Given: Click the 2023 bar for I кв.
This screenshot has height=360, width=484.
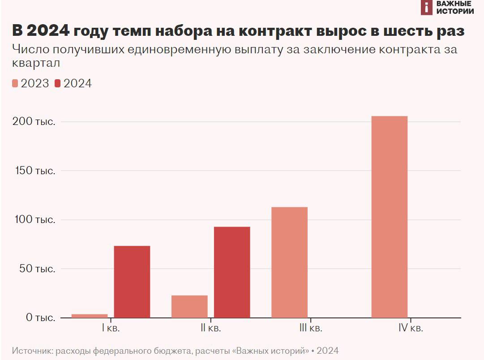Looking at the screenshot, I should [90, 316].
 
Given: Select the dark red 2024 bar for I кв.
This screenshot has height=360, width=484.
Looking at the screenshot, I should [132, 282].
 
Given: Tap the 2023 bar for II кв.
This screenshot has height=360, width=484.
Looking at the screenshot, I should [189, 307].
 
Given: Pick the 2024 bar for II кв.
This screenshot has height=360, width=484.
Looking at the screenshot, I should [232, 272].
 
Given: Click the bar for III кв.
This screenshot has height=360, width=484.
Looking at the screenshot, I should [290, 262].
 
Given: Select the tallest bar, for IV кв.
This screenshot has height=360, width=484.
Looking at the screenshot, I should [390, 217].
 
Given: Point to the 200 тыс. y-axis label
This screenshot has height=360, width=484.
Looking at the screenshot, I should [40, 122].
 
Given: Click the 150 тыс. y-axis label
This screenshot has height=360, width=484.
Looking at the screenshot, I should [40, 171].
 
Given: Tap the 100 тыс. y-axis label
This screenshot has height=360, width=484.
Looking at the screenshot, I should [40, 220].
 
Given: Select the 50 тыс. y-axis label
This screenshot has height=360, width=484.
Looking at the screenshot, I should [42, 269].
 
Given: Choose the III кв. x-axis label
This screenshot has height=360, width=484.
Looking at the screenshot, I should [310, 328].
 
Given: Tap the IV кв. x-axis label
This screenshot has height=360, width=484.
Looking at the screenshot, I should [411, 328].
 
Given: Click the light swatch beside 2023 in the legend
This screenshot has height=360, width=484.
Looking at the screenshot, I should [15, 83].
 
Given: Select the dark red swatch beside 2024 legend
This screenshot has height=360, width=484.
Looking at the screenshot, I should [58, 83].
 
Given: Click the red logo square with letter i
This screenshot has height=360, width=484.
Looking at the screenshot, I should [427, 7].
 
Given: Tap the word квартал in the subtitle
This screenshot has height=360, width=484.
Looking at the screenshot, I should [37, 63].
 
